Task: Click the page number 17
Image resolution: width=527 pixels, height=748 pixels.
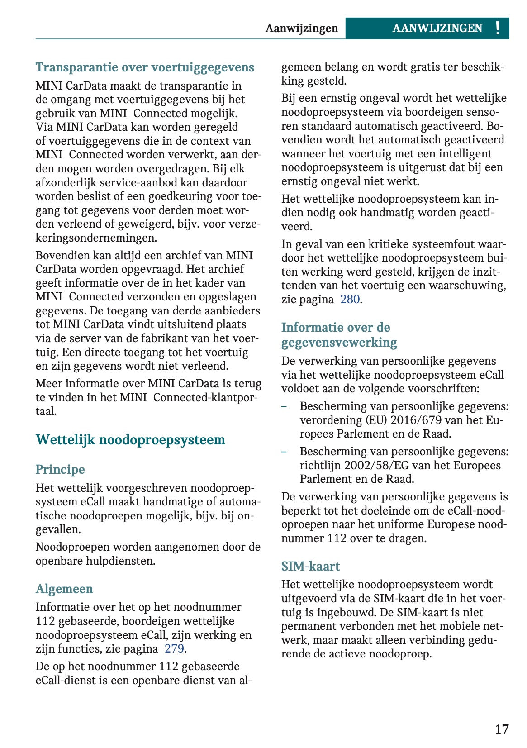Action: click(502, 729)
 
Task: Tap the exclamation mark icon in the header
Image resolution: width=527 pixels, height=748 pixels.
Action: click(498, 28)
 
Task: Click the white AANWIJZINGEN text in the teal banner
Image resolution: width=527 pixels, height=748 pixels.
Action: click(437, 28)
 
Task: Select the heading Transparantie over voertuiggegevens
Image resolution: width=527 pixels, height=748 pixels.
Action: click(145, 67)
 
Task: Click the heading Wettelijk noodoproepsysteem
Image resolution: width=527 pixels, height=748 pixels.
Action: click(130, 440)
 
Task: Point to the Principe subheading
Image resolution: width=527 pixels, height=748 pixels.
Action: click(60, 469)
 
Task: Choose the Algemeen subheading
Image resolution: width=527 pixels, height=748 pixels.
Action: click(64, 589)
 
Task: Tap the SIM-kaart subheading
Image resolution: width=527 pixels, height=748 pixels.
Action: click(310, 566)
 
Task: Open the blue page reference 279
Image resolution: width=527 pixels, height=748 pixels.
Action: click(174, 648)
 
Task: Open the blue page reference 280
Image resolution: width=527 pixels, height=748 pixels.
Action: click(350, 299)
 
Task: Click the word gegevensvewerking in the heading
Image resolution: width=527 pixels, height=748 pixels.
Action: click(339, 342)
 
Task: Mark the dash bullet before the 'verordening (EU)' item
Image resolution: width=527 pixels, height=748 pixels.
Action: click(284, 406)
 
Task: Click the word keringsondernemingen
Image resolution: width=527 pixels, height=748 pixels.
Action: click(96, 238)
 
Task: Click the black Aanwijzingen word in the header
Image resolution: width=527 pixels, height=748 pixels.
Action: click(302, 28)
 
